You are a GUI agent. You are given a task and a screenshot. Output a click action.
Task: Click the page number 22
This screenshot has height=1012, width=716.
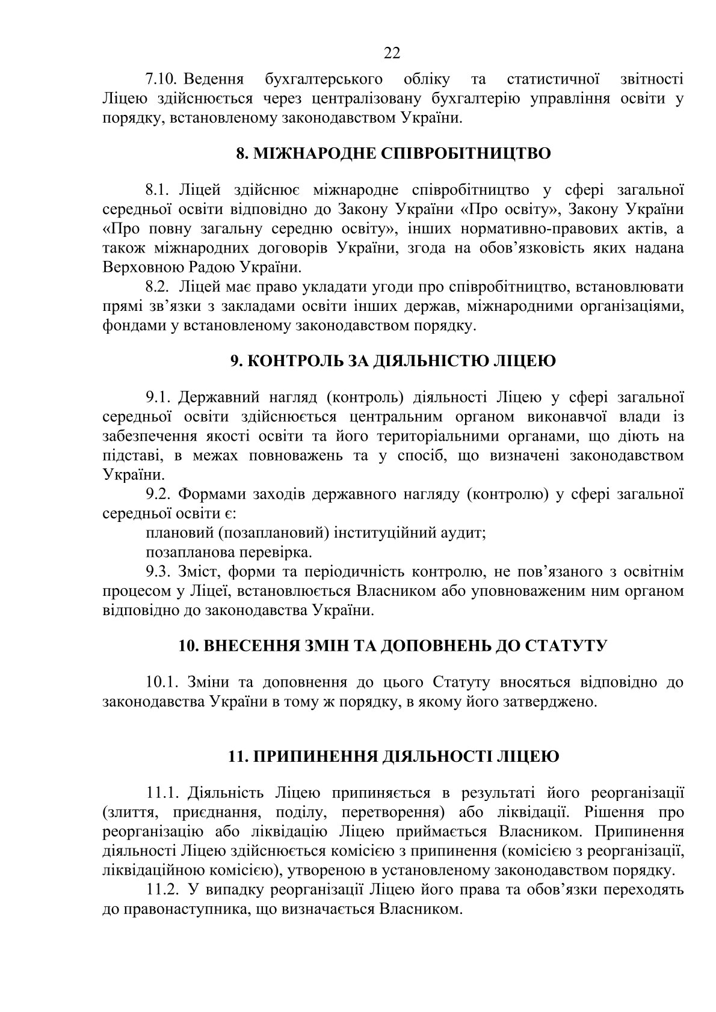pos(392,54)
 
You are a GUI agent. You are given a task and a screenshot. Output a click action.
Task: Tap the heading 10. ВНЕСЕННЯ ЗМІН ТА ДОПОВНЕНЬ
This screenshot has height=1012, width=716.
pos(393,646)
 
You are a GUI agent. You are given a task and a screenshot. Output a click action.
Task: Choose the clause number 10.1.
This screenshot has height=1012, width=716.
pos(163,682)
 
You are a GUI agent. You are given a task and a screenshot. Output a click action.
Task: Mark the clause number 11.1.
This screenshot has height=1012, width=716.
pos(163,793)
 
